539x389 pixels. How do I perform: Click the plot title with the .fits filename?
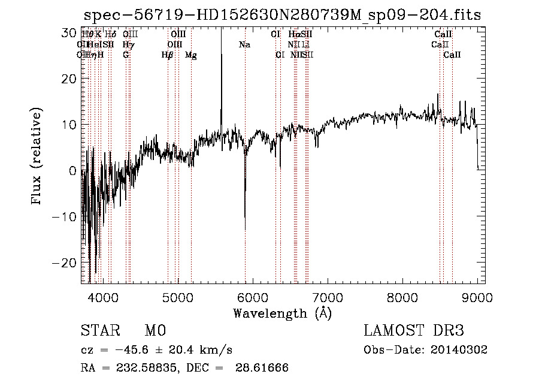click(282, 15)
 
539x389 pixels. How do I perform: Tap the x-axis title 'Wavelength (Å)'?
click(282, 313)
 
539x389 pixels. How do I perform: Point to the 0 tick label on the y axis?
click(72, 171)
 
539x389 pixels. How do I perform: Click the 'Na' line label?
click(244, 45)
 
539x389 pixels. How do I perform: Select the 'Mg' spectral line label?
click(190, 55)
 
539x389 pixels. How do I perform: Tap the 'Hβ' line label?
click(168, 55)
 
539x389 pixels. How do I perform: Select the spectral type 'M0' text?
click(155, 331)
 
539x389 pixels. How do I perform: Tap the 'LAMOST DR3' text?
click(414, 331)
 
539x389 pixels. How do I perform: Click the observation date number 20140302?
click(458, 350)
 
